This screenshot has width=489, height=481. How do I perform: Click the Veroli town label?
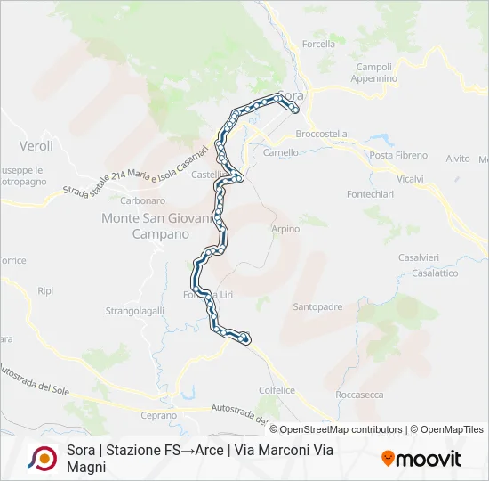(36, 145)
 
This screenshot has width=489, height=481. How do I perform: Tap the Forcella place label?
(318, 44)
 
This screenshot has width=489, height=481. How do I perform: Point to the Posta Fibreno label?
(394, 155)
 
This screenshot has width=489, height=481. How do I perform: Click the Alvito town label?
(458, 159)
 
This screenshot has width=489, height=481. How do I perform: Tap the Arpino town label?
(285, 229)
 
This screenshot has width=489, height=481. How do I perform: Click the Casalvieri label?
(419, 257)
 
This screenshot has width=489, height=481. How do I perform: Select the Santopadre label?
(317, 306)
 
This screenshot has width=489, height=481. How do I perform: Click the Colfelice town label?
(277, 389)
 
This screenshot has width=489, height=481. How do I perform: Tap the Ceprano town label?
(160, 415)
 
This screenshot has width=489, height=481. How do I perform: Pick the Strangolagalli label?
(136, 311)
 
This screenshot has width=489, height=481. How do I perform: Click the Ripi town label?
(46, 290)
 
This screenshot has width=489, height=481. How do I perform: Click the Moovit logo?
(421, 459)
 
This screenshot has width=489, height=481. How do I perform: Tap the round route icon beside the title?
(42, 458)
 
